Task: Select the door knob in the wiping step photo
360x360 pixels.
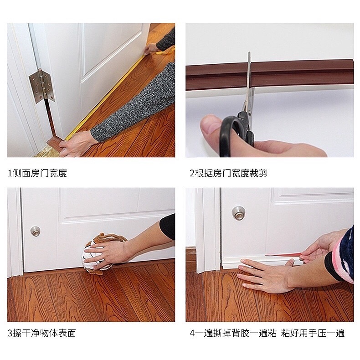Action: click(x=36, y=231)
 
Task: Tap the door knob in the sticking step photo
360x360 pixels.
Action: click(x=238, y=213)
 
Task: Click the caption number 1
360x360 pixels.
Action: click(x=10, y=173)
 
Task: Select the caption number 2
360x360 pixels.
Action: click(x=192, y=173)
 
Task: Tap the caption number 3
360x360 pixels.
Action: click(x=10, y=334)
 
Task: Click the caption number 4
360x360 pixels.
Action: click(x=192, y=334)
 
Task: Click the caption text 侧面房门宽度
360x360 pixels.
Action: click(x=40, y=173)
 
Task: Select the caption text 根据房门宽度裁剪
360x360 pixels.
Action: click(x=231, y=173)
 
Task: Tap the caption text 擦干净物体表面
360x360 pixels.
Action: click(x=44, y=334)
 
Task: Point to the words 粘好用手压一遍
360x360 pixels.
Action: click(x=313, y=334)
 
